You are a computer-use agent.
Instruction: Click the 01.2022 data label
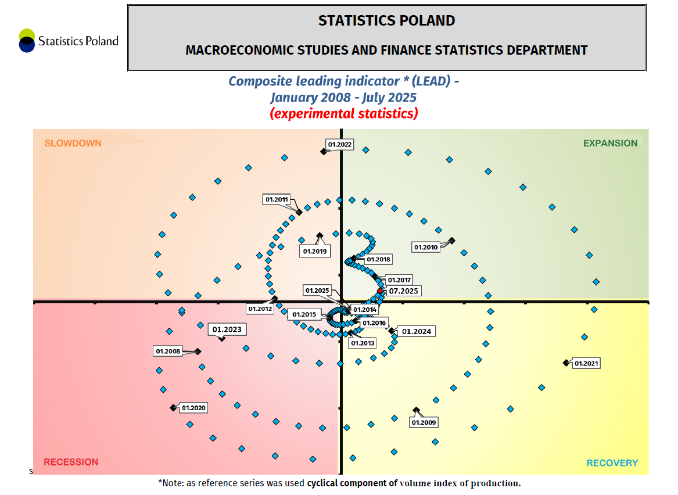340,145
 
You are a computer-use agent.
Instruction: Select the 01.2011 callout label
277,200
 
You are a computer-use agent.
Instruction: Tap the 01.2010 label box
426,247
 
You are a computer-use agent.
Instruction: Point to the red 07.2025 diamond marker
381,290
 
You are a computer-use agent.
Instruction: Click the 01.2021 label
586,364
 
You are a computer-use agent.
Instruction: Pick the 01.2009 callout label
424,422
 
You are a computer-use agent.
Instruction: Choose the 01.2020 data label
194,408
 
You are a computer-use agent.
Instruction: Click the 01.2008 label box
168,351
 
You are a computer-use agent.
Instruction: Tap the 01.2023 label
227,329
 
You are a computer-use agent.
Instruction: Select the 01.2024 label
417,331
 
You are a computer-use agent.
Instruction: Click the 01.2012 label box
260,309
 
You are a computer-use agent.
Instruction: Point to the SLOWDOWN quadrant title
73,143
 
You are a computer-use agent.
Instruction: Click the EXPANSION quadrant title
610,143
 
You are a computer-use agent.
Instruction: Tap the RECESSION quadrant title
71,462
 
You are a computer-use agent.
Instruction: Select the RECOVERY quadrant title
612,462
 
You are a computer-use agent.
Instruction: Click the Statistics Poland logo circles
27,41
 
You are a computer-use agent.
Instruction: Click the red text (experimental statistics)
344,113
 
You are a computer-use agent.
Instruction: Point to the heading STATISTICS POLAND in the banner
386,21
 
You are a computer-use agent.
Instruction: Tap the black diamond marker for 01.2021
565,363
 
